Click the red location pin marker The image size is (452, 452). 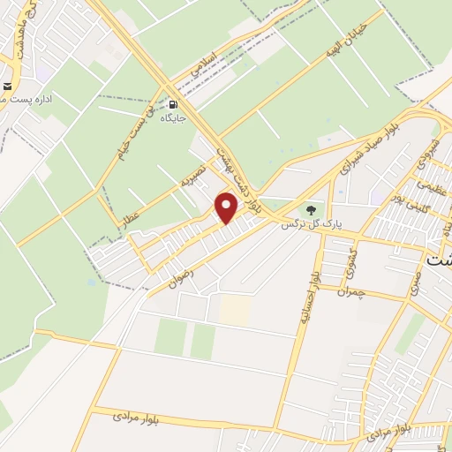227,207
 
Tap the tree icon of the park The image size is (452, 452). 310,209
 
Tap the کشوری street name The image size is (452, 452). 343,257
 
